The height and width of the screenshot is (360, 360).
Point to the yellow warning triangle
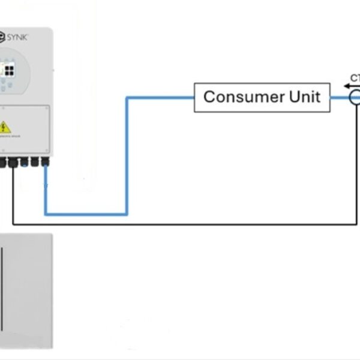tap(5, 127)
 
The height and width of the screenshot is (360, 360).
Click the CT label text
tap(355, 78)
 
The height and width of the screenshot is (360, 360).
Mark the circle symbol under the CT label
tap(355, 97)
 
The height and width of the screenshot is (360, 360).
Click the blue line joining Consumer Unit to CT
tap(340, 97)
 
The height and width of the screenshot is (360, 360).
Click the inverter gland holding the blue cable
tap(45, 161)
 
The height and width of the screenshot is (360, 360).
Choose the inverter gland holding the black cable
tap(13, 161)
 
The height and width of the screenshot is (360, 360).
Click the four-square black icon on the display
tap(10, 70)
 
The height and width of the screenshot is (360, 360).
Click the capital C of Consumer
tap(209, 97)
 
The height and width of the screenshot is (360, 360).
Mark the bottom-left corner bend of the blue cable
tap(46, 213)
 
